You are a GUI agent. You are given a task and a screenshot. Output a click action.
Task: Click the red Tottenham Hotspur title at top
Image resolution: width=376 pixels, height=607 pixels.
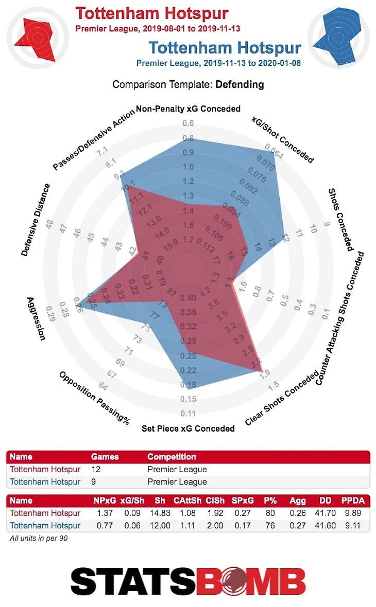pyautogui.click(x=151, y=13)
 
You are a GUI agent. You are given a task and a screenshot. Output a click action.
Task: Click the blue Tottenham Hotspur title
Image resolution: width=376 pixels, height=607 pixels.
pyautogui.click(x=225, y=48)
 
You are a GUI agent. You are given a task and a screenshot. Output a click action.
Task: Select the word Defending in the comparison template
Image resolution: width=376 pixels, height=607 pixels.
pyautogui.click(x=240, y=84)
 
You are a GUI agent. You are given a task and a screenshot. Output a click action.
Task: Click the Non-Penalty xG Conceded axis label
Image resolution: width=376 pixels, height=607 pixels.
pyautogui.click(x=188, y=109)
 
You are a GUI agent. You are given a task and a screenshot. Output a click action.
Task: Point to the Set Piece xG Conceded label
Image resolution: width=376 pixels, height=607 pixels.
pyautogui.click(x=188, y=429)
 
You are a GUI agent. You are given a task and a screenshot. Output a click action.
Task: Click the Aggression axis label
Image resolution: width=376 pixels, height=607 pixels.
pyautogui.click(x=36, y=318)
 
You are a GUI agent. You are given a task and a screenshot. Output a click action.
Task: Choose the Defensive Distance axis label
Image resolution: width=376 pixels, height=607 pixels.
pyautogui.click(x=36, y=220)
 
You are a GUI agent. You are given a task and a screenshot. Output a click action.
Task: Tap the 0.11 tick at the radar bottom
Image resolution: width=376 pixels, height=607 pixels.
pyautogui.click(x=188, y=414)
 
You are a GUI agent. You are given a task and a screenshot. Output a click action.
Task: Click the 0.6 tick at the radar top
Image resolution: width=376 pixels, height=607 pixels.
pyautogui.click(x=188, y=123)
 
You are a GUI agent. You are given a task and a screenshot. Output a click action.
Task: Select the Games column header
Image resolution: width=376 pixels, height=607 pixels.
pyautogui.click(x=105, y=456)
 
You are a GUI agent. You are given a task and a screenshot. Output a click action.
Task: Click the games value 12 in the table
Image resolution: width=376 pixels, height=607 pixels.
pyautogui.click(x=96, y=469)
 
